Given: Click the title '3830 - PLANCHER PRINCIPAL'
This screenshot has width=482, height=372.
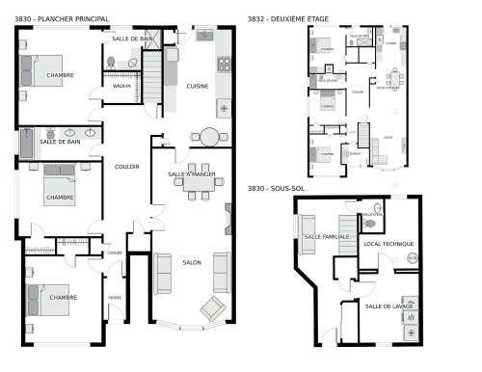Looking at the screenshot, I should click(x=62, y=19).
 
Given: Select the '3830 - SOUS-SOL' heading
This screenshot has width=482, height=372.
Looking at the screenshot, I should click(x=280, y=188).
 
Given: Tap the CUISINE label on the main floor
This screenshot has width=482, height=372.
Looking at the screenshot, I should click(x=199, y=86).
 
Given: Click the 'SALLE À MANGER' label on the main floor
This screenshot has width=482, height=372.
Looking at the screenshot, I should click(x=192, y=174).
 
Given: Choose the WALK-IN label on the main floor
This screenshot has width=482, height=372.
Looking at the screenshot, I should click(x=121, y=86).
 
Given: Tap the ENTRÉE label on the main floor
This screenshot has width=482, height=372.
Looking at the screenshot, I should click(x=115, y=297).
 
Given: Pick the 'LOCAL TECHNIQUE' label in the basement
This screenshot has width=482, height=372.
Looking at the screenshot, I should click(x=388, y=244).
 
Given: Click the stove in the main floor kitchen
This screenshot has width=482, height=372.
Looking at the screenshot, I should click(x=224, y=65).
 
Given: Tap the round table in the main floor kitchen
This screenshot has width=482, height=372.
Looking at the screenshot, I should click(x=208, y=136).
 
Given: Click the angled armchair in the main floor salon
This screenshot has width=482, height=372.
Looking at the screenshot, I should click(x=210, y=308).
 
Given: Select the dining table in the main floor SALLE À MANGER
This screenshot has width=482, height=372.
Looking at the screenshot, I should click(x=192, y=186).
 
